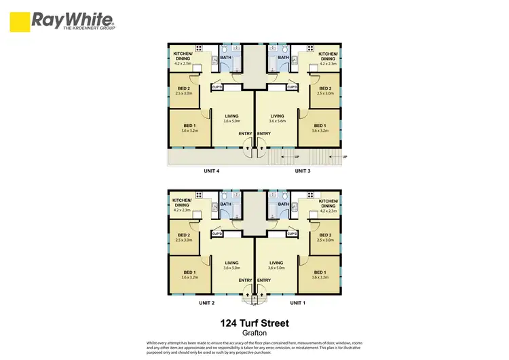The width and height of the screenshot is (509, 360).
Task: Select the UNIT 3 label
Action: click(x=303, y=171)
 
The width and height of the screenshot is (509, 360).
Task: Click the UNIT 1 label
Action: click(x=298, y=302)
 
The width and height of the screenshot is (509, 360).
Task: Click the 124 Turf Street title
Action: click(x=254, y=324)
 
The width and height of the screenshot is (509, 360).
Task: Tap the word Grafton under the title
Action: click(x=254, y=334)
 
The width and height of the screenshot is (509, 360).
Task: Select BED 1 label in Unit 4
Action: click(x=189, y=126)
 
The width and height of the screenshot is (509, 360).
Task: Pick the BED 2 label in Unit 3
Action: click(x=325, y=88)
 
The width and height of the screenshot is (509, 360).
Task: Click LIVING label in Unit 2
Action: click(x=231, y=263)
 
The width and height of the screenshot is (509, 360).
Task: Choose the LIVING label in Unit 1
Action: click(x=276, y=263)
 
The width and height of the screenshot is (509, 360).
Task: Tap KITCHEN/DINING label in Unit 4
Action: click(x=183, y=56)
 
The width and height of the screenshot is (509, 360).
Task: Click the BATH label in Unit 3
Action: click(x=283, y=58)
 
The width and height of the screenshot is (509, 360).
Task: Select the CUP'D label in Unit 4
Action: click(x=218, y=88)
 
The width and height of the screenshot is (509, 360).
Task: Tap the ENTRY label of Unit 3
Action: click(x=265, y=133)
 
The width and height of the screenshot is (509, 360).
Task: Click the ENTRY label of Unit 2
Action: click(x=245, y=280)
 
